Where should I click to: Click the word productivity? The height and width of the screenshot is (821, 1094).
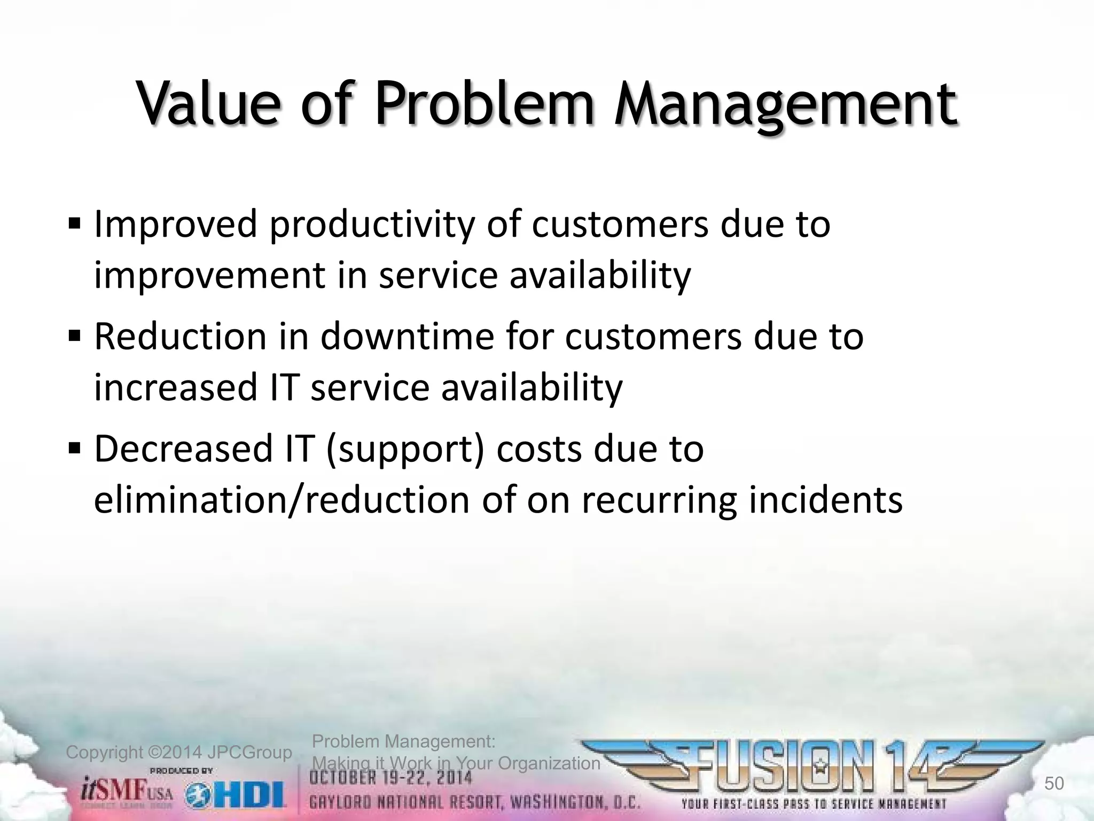(371, 224)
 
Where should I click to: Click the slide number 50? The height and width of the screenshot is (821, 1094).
(1054, 784)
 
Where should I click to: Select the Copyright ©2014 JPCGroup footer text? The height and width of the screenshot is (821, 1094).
(179, 753)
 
